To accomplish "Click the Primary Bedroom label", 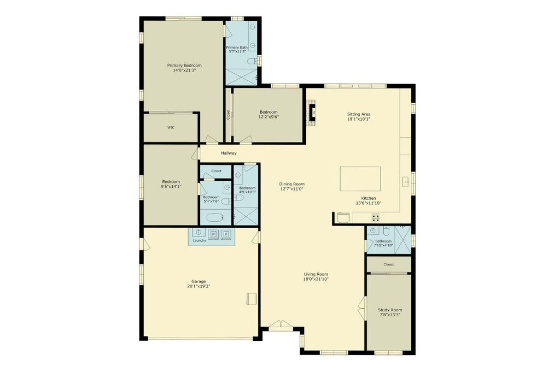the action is [x=184, y=65].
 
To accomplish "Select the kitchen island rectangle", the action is [x=360, y=179].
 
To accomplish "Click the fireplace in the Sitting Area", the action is [x=312, y=113].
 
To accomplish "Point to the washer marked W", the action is [x=214, y=234].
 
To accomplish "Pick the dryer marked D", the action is [x=226, y=234].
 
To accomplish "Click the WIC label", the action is [x=171, y=128].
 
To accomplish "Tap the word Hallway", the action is [x=229, y=153].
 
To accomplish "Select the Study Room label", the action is [x=389, y=310].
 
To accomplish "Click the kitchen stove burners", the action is [x=376, y=217].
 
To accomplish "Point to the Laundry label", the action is [x=199, y=241].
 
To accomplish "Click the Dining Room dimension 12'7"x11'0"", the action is [x=292, y=189].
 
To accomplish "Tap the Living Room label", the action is [x=316, y=274].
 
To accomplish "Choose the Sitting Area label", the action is [x=359, y=115].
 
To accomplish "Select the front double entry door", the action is [x=281, y=324].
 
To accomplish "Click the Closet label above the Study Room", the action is [x=389, y=264].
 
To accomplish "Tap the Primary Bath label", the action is [x=237, y=48].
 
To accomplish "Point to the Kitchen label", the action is [x=369, y=198].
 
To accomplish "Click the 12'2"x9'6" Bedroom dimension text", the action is [x=269, y=117].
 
